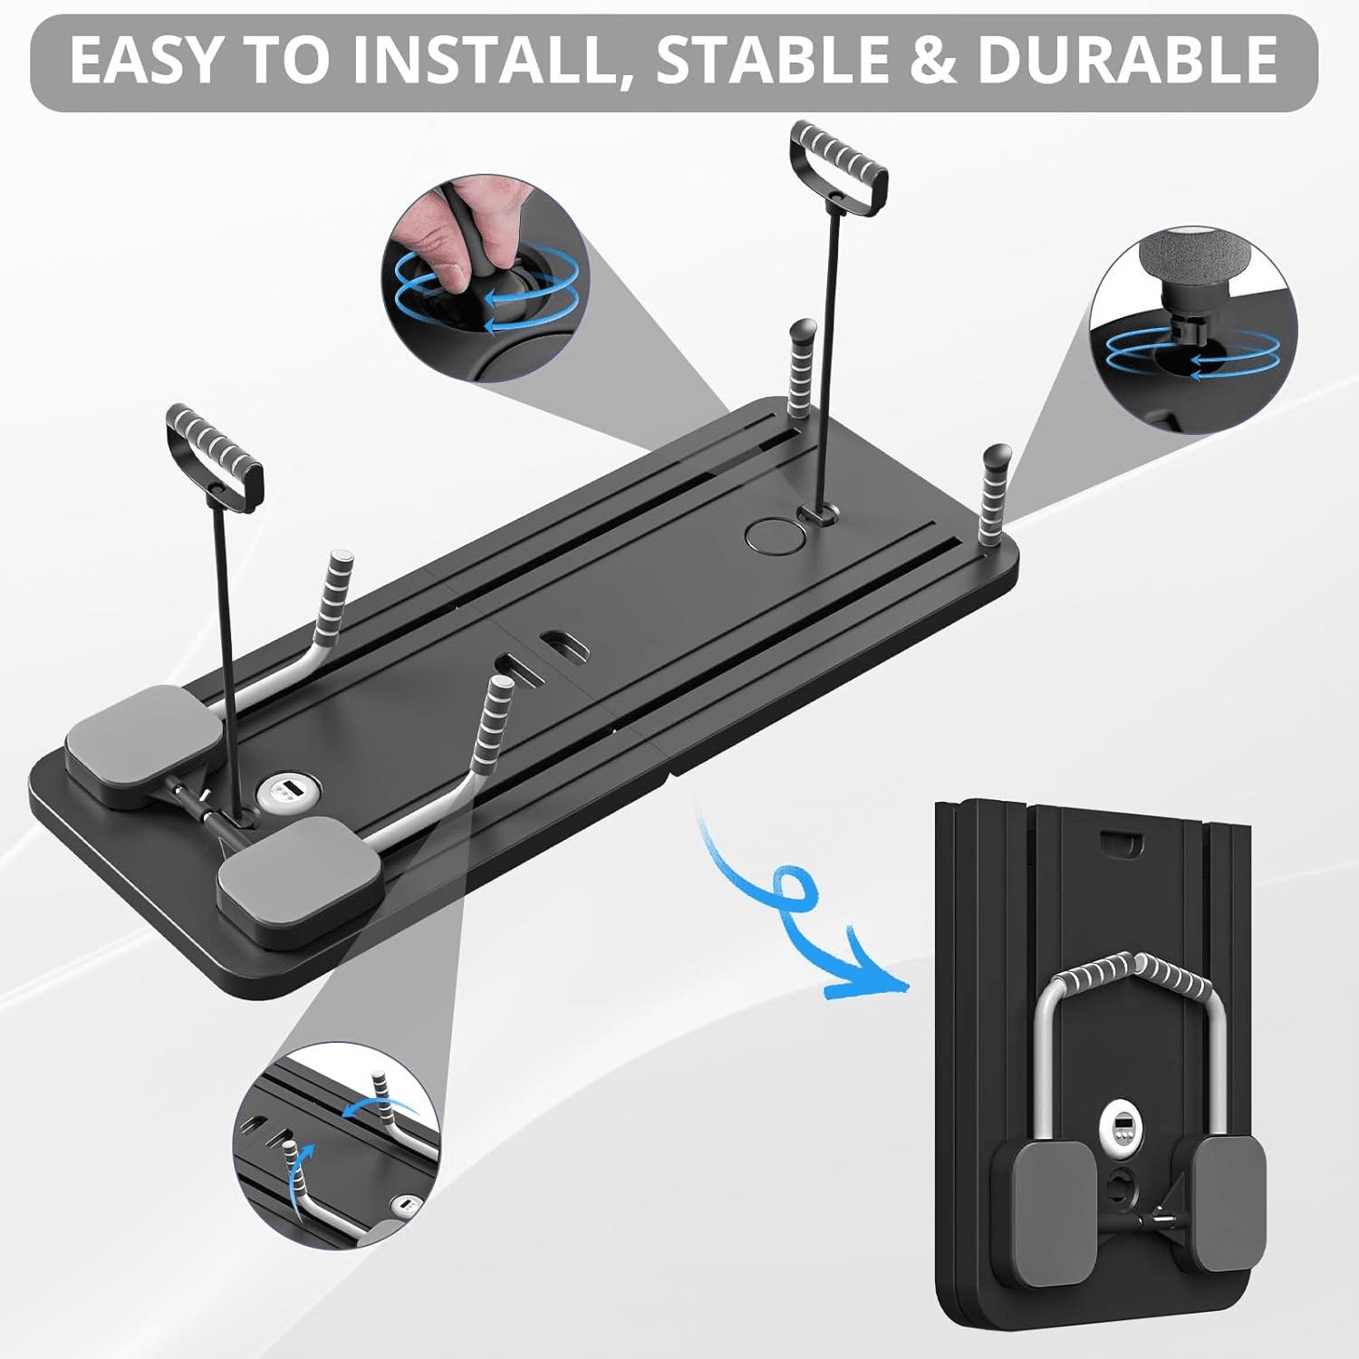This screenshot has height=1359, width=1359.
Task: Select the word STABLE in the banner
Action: point(782,60)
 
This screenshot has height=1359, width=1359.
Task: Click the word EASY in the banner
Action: point(145,60)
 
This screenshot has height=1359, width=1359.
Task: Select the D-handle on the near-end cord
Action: point(215,458)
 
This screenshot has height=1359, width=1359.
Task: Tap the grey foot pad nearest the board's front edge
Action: point(294,882)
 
